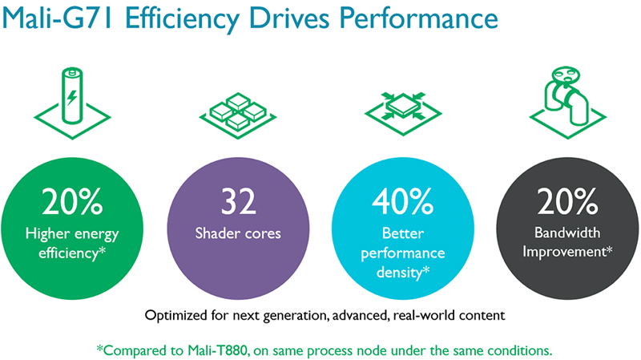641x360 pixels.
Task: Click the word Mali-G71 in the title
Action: pos(58,18)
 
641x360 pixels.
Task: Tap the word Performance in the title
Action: pos(418,18)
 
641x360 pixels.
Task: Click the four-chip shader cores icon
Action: pos(238,115)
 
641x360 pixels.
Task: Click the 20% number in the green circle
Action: pos(72,201)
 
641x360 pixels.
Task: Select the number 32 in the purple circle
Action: pos(238,201)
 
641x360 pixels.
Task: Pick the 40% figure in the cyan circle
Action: pos(403,201)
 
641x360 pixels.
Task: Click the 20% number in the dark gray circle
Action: pos(567,201)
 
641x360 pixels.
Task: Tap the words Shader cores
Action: pos(238,233)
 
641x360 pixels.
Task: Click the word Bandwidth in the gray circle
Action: pos(567,233)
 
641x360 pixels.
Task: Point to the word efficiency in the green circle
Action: pos(69,253)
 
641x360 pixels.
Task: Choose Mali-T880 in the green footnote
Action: pos(217,350)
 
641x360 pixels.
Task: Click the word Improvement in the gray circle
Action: pos(564,252)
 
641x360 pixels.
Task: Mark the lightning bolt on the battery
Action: pos(72,97)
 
